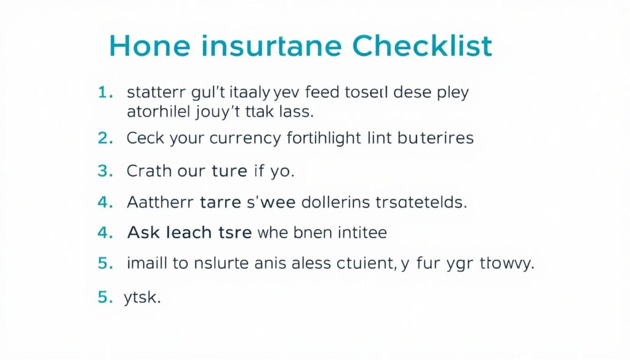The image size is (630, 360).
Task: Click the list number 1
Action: coord(105,93)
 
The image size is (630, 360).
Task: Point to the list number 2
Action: coord(105,138)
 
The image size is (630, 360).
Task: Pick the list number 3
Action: coord(105,171)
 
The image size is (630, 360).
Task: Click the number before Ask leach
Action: coord(105,233)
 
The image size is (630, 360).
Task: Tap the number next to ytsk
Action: coord(105,297)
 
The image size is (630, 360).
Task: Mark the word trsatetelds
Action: coord(423,202)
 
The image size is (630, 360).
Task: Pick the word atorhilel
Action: coord(154,112)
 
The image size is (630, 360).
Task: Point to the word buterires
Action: coord(435,138)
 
